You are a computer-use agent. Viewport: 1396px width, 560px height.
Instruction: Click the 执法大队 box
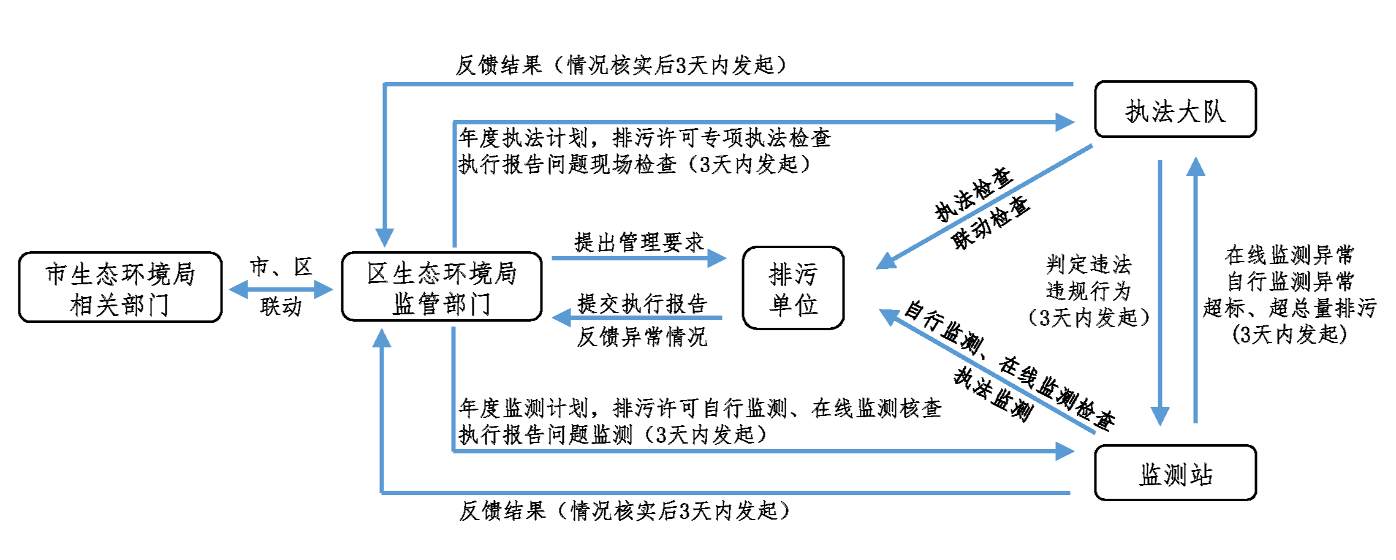point(1175,110)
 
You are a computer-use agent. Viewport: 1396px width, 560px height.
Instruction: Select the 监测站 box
point(1175,473)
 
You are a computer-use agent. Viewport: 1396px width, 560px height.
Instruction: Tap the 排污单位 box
point(793,288)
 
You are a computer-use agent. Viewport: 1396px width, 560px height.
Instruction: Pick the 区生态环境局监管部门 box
point(441,287)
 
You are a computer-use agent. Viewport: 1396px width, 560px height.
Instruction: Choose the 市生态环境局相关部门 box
point(120,287)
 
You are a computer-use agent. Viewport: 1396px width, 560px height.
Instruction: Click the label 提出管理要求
point(639,243)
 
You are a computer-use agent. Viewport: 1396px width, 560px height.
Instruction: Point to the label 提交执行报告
point(642,303)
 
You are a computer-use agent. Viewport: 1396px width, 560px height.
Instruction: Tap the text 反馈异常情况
point(642,336)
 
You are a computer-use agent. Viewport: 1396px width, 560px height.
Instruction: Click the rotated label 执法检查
point(973,194)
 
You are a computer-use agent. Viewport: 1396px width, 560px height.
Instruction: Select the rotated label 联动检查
point(991,222)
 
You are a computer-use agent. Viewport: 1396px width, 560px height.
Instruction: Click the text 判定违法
point(1088,265)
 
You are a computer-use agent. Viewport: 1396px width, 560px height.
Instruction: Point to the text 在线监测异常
point(1289,254)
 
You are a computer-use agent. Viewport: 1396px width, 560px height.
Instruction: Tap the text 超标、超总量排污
point(1289,308)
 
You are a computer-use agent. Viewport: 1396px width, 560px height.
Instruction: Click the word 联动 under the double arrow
point(281,306)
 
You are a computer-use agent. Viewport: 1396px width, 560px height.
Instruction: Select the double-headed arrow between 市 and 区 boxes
point(281,289)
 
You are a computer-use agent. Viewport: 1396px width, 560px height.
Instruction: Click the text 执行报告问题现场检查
point(567,164)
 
